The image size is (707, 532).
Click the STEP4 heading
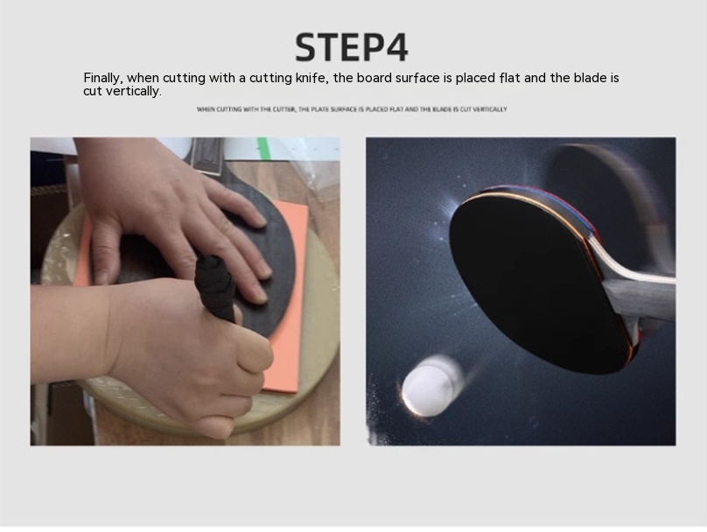351,47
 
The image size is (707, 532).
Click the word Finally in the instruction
102,79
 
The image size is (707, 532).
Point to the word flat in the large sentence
509,78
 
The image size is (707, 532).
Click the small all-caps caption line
352,109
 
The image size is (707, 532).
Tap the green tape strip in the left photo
262,146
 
